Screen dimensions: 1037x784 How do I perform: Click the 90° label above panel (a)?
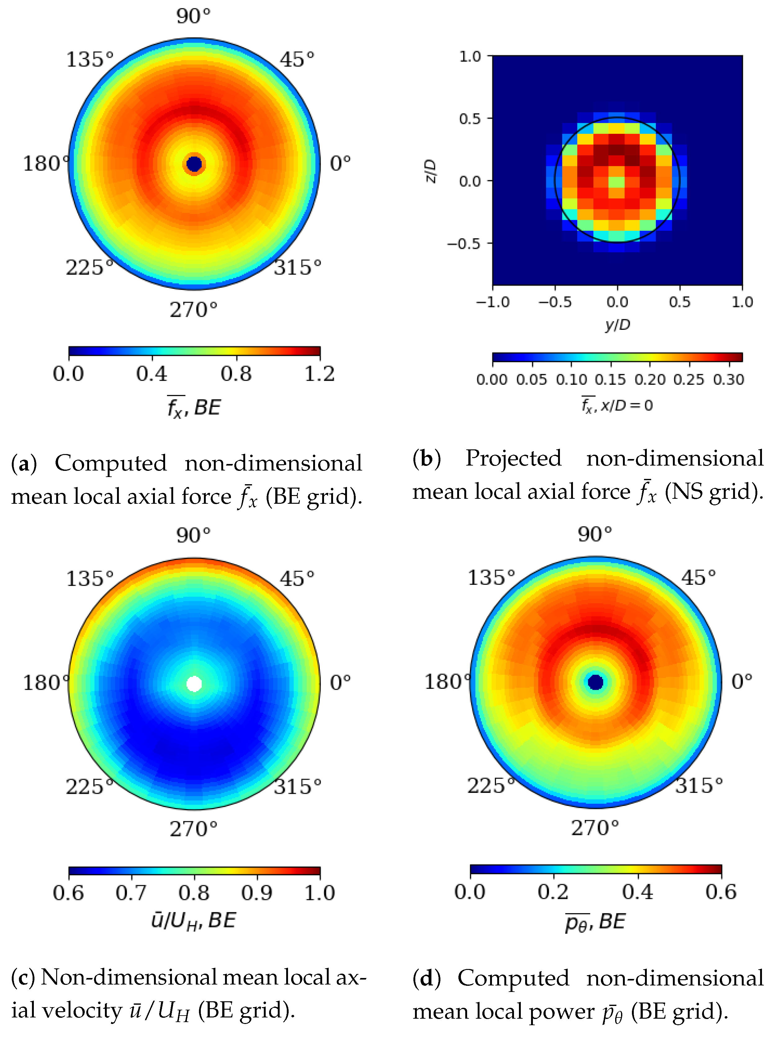(x=193, y=16)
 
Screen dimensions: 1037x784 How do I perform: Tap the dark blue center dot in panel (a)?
(x=194, y=164)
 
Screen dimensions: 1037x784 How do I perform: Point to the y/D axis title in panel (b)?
(x=617, y=325)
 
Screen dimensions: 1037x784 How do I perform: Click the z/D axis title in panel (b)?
(x=431, y=171)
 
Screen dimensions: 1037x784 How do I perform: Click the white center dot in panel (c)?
(x=194, y=684)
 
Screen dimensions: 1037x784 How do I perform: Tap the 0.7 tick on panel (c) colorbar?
(x=131, y=893)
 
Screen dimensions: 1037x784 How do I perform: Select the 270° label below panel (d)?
(x=595, y=828)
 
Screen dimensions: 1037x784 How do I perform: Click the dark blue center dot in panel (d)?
(x=596, y=682)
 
